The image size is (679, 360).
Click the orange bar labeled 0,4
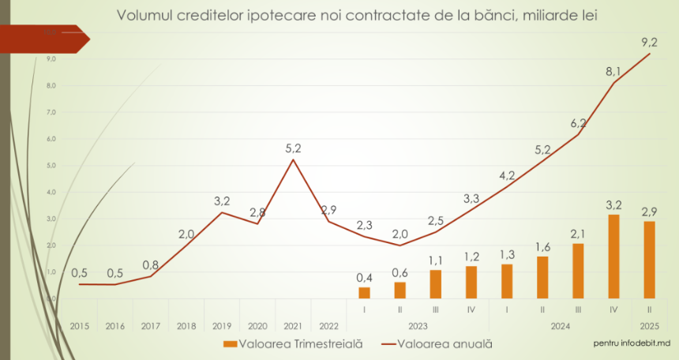coord(364,292)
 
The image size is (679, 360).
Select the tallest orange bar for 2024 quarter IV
coord(613,257)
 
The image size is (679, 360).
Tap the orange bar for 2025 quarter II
coord(649,260)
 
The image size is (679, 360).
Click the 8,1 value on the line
coord(613,72)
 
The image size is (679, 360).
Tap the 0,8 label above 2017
coord(151,265)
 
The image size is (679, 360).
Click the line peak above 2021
coord(293,160)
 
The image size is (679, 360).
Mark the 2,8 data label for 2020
coord(257,212)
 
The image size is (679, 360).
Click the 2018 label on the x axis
coord(186,325)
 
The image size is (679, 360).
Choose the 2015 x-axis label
coord(80,325)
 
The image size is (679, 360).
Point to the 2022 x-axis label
coord(328,325)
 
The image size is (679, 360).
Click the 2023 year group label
coord(417,325)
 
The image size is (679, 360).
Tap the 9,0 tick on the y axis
coord(51,58)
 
